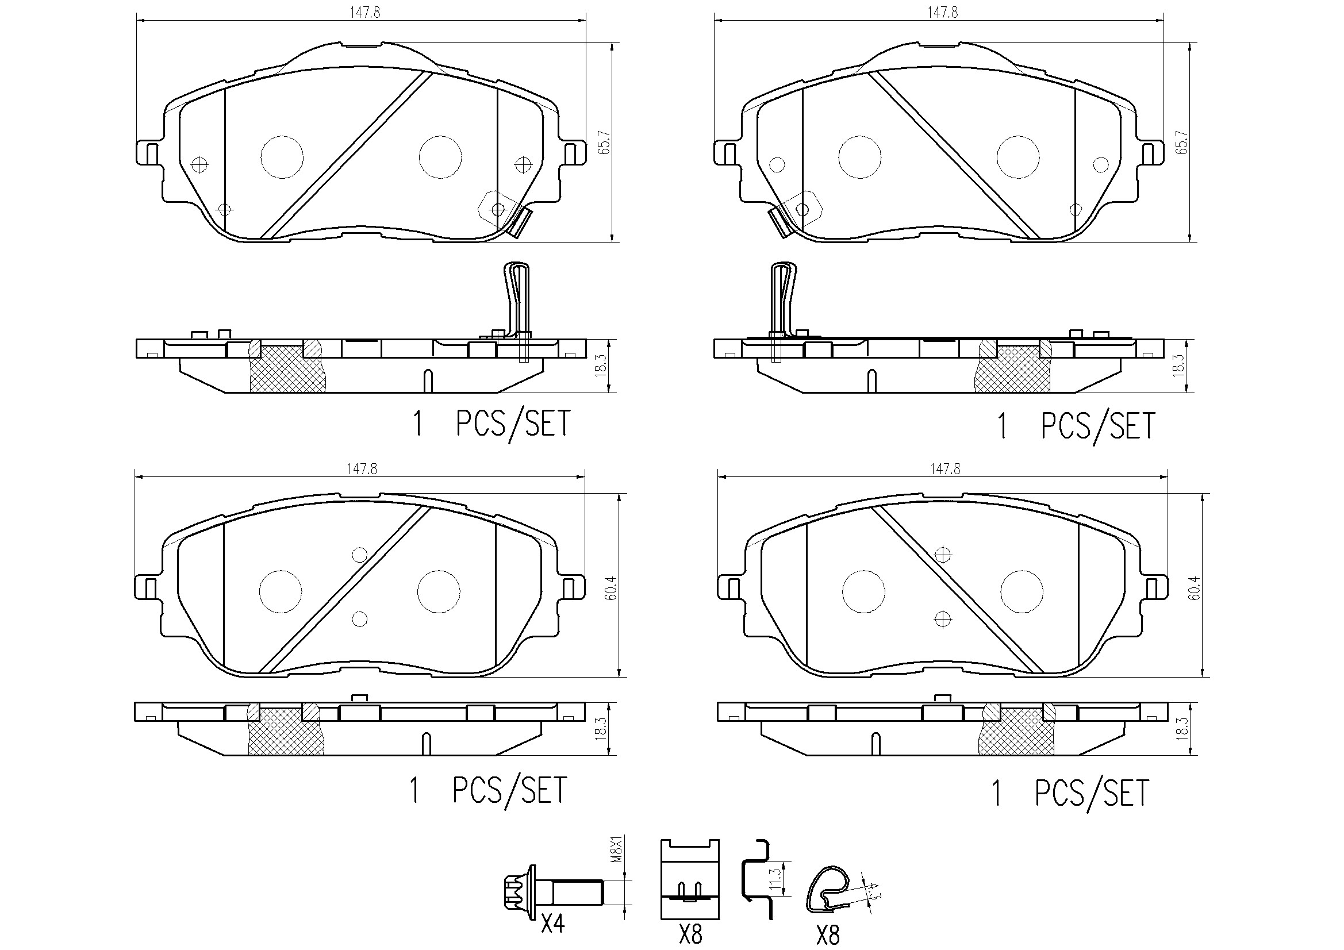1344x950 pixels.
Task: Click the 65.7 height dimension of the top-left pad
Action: (604, 142)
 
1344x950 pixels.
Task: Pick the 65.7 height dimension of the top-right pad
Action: (1182, 142)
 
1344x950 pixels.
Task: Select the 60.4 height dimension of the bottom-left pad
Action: (611, 588)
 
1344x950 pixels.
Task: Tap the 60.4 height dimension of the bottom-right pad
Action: (1195, 588)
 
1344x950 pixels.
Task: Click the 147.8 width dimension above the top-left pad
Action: (365, 13)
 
